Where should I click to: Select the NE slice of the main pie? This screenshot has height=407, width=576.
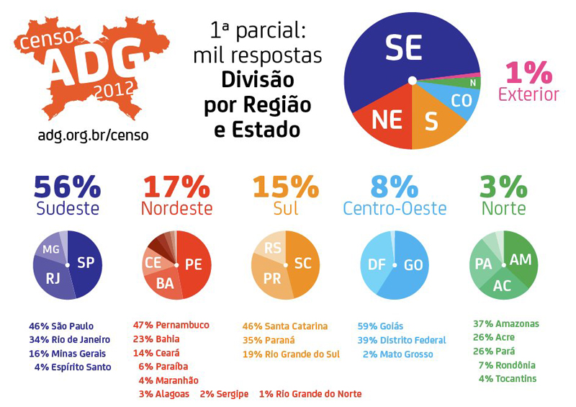387,120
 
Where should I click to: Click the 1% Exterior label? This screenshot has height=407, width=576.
528,82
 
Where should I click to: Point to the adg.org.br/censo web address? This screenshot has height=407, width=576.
93,135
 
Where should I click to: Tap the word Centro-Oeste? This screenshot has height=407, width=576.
395,209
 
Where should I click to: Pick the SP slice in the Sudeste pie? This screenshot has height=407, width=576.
86,263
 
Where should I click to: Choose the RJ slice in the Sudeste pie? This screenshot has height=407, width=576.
53,278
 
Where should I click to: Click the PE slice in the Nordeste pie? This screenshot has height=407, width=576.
193,264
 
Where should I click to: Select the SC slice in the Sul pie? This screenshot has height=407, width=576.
303,264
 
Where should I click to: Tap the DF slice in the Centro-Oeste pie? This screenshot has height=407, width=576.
377,264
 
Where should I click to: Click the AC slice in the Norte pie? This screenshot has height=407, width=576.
502,285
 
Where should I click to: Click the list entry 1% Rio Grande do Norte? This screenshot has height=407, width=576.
310,394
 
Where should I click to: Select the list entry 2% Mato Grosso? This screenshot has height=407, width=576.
398,354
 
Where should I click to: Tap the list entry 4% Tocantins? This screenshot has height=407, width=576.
507,379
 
